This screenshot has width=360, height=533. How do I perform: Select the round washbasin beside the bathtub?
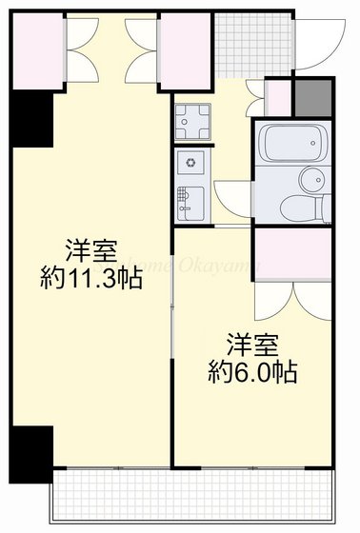click(311, 179)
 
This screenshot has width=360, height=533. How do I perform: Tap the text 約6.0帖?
click(252, 371)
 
